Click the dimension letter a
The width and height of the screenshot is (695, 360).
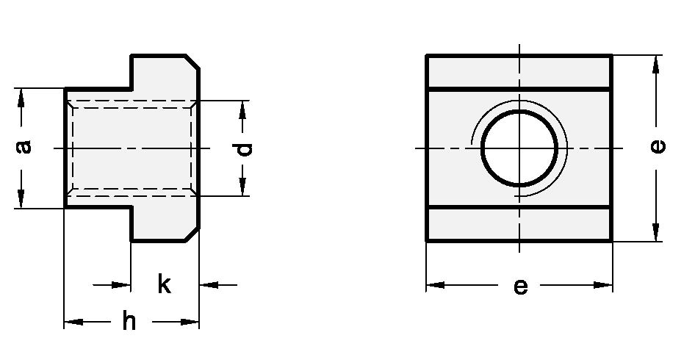tap(25, 147)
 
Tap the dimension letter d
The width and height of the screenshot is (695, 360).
tap(245, 148)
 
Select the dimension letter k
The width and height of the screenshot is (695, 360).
tap(164, 284)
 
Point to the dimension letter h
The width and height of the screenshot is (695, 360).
tap(129, 321)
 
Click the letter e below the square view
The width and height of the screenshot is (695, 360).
tap(520, 285)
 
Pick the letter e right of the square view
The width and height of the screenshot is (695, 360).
tap(658, 147)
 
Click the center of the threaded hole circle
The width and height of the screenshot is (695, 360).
tap(519, 148)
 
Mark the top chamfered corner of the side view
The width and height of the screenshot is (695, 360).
tap(192, 62)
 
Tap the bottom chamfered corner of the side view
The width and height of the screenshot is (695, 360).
tap(192, 234)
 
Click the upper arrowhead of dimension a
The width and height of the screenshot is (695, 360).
tap(21, 96)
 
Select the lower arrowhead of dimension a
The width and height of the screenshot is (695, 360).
tap(21, 200)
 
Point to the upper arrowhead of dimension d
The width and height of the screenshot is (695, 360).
tap(241, 108)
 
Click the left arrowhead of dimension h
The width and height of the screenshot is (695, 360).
tap(73, 321)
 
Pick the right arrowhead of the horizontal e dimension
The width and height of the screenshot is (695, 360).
tap(604, 285)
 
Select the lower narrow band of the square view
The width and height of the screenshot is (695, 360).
tap(519, 225)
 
